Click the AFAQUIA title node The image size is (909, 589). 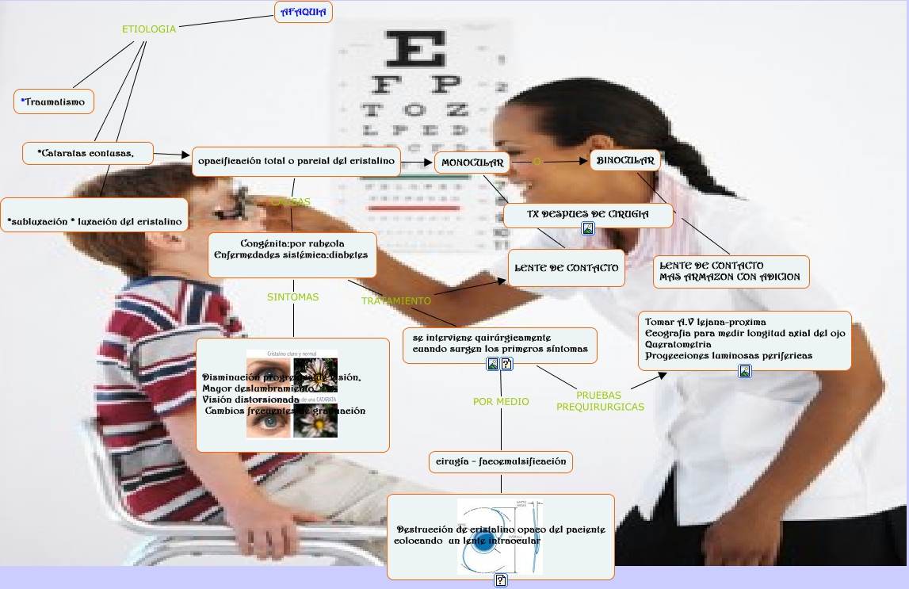tap(304, 12)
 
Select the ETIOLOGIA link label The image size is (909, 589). tap(149, 29)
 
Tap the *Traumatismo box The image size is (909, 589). tap(54, 101)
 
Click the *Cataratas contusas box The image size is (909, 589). tap(87, 153)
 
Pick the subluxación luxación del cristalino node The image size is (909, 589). tap(94, 222)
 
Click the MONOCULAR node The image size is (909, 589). tap(472, 163)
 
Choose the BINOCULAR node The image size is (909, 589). tap(625, 161)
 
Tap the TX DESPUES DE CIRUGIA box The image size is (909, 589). tap(588, 214)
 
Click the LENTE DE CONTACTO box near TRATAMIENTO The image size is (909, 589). tap(566, 268)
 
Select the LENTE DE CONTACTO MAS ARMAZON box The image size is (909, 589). tap(731, 272)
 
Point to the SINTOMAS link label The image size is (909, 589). tap(292, 297)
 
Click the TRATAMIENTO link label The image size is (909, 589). tap(396, 301)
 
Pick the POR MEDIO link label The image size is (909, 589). tap(501, 402)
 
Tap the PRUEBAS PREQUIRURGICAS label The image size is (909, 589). tap(600, 401)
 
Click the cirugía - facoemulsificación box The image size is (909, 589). tap(501, 461)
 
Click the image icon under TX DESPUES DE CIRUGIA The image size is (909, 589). tap(588, 228)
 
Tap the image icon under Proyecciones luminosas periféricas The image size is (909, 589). tap(745, 371)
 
